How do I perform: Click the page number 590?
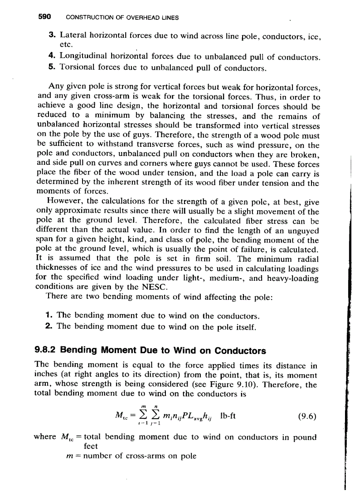(45, 17)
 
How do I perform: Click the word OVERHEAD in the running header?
(138, 18)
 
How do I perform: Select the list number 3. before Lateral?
(52, 34)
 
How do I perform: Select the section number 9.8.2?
(45, 351)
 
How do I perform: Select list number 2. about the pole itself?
(49, 327)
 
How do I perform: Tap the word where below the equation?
(45, 438)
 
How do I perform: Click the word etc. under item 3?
(67, 45)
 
